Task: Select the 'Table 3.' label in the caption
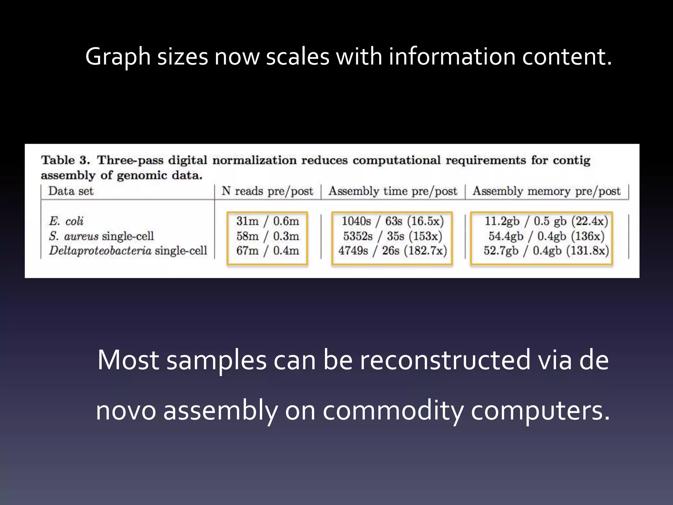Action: click(65, 160)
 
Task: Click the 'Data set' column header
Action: click(71, 191)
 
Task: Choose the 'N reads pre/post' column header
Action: click(267, 191)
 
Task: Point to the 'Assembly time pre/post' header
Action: click(393, 191)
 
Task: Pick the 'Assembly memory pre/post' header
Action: click(546, 191)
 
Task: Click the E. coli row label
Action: click(66, 221)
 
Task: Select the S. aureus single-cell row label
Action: click(101, 236)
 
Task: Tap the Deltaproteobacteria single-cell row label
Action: click(128, 251)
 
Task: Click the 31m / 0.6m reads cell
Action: click(267, 221)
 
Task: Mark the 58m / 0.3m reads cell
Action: click(267, 236)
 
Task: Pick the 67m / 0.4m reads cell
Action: click(267, 251)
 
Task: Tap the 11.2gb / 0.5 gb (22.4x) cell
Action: click(546, 221)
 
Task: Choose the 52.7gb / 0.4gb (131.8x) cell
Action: click(546, 251)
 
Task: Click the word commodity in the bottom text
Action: click(393, 411)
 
